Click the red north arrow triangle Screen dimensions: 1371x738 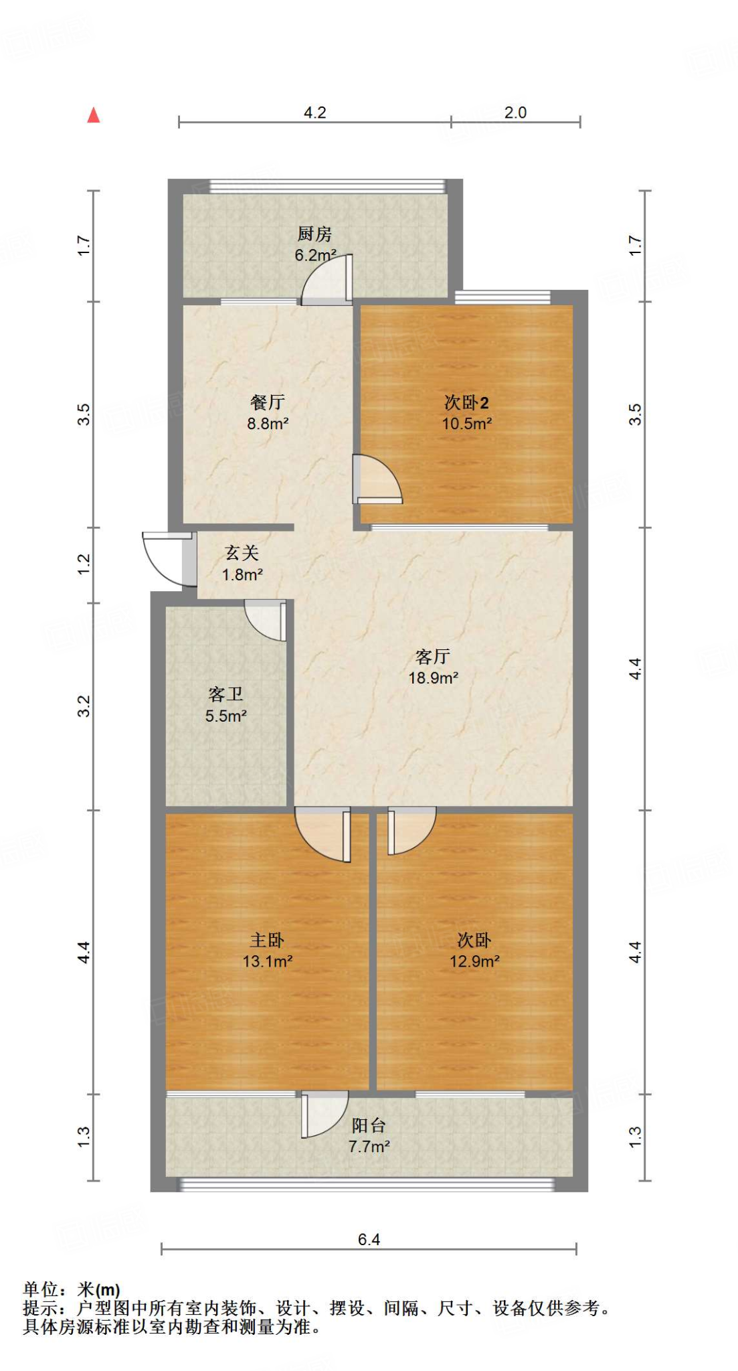coord(94,115)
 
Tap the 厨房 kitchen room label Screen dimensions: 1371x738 coord(314,234)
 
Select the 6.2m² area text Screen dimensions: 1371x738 coord(315,255)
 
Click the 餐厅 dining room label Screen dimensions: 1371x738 coord(267,402)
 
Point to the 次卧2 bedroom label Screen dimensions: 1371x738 coord(466,402)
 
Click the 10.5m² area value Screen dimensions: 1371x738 coord(466,423)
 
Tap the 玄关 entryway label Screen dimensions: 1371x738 coord(242,552)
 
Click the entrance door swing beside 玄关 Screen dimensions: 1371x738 coord(165,559)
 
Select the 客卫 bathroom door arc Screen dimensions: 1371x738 coord(266,621)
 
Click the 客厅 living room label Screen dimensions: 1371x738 coord(432,656)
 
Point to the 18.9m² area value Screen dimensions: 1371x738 coord(433,677)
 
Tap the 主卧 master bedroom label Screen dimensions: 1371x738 coord(267,940)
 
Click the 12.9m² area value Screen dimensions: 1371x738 coord(474,961)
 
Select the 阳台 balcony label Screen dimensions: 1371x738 coord(369,1125)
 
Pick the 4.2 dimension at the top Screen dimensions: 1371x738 coord(314,112)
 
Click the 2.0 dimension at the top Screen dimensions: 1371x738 coord(515,112)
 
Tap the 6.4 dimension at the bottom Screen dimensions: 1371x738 coord(369,1239)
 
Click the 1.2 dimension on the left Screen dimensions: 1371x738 coord(83,564)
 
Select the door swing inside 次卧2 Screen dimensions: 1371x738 coord(377,479)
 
